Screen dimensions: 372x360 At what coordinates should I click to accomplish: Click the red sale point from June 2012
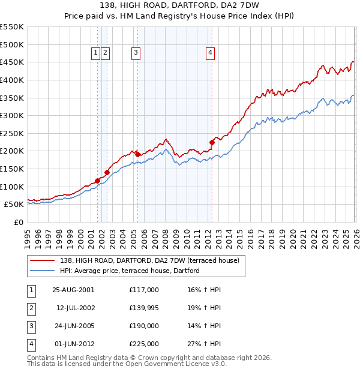[212, 142]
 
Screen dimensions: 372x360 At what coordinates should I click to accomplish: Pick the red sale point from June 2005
[137, 154]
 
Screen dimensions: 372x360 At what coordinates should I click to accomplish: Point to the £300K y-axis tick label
[12, 115]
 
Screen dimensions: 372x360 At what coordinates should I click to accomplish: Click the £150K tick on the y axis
[12, 169]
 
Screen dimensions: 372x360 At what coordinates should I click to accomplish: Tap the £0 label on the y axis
[18, 222]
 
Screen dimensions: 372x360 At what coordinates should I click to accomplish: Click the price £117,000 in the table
[144, 289]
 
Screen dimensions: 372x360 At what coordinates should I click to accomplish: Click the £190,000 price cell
[144, 326]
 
